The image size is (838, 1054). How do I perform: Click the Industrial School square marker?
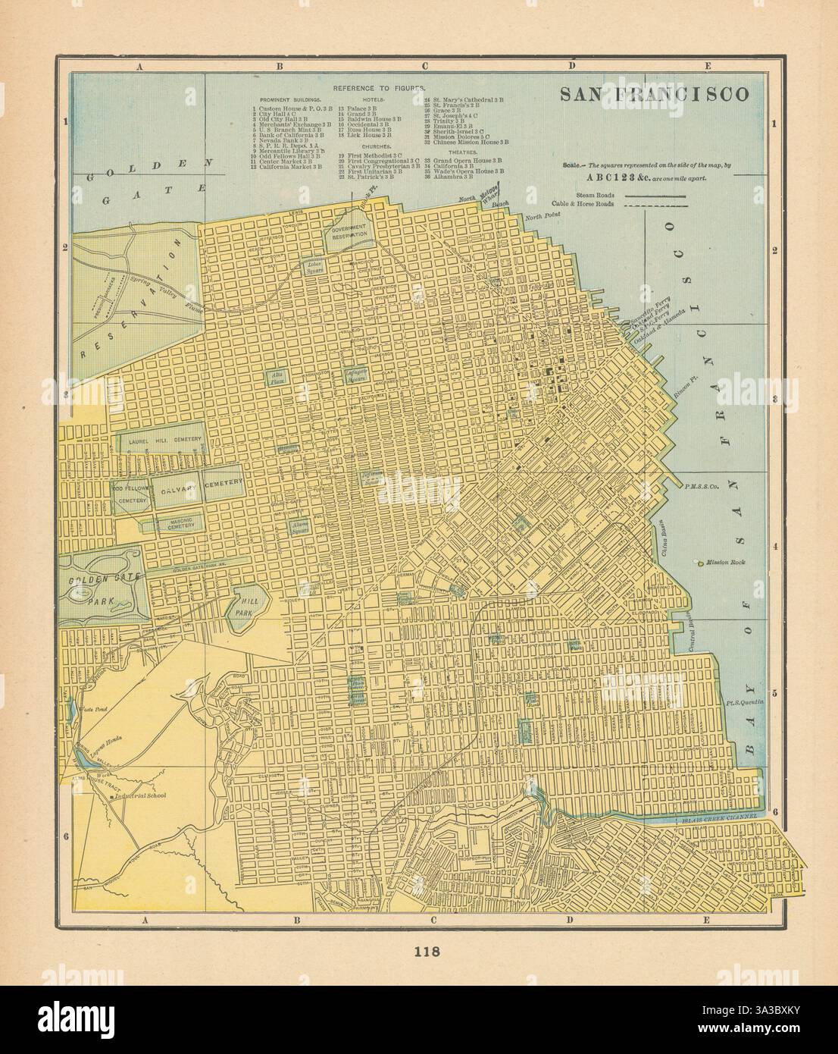click(x=112, y=797)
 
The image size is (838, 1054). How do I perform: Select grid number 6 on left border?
click(x=66, y=836)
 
